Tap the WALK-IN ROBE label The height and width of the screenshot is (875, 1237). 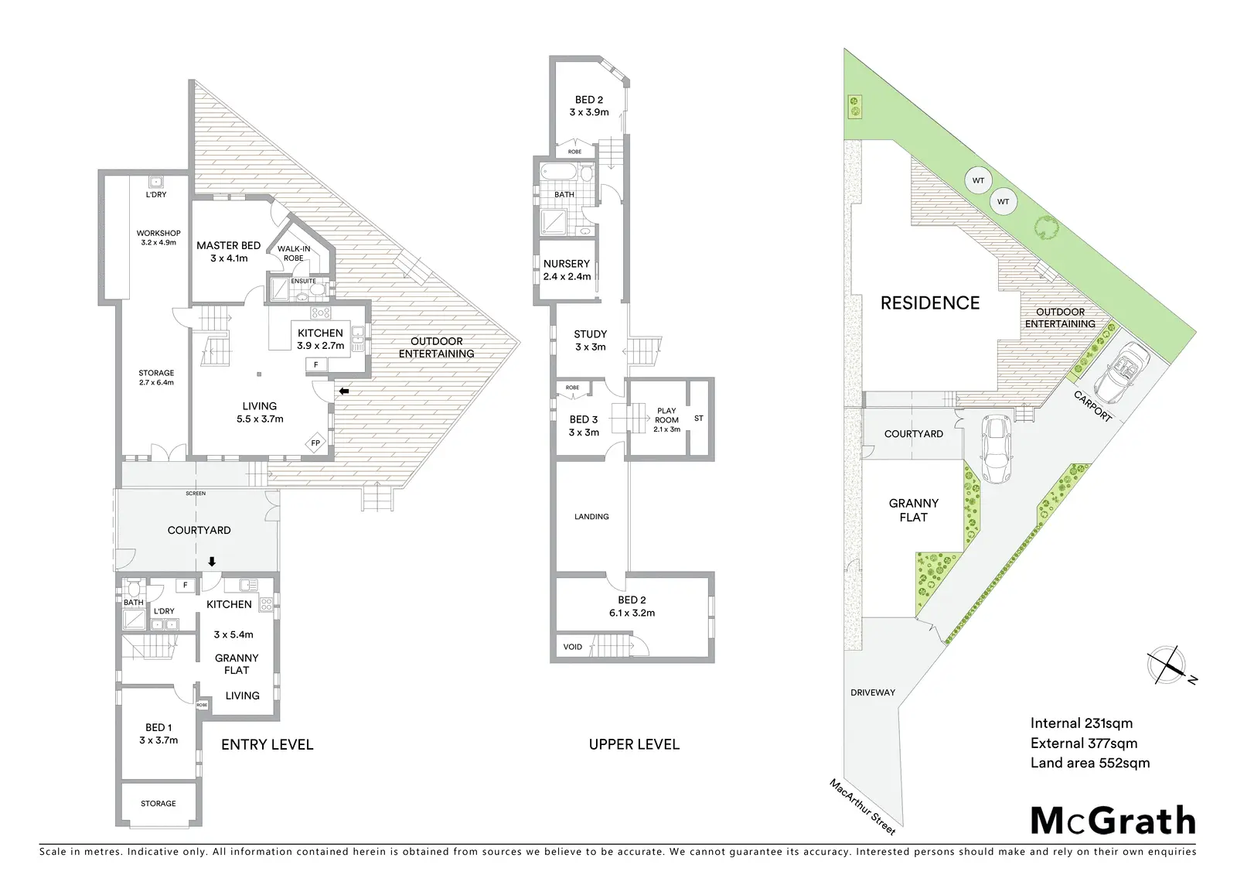click(x=294, y=253)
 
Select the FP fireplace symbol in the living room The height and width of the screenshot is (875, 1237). click(x=316, y=443)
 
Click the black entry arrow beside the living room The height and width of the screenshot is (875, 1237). click(x=344, y=391)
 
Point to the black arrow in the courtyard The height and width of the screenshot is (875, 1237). click(x=212, y=562)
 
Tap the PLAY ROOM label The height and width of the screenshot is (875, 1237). click(x=666, y=415)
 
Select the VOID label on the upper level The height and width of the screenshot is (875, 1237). click(x=573, y=647)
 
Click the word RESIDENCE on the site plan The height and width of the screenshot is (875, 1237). click(x=930, y=303)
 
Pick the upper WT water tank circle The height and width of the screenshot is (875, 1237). click(x=978, y=180)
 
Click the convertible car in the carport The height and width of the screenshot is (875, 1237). click(x=1122, y=372)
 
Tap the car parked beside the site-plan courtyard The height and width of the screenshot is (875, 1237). click(x=997, y=449)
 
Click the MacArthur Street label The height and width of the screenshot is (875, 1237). click(x=862, y=806)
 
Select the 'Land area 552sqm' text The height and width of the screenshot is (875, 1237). click(x=1089, y=763)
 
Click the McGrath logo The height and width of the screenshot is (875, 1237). click(x=1113, y=821)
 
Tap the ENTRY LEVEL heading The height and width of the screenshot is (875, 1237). click(x=268, y=744)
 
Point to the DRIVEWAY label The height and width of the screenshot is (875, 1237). click(x=873, y=692)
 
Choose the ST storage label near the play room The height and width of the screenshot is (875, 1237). click(x=699, y=419)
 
